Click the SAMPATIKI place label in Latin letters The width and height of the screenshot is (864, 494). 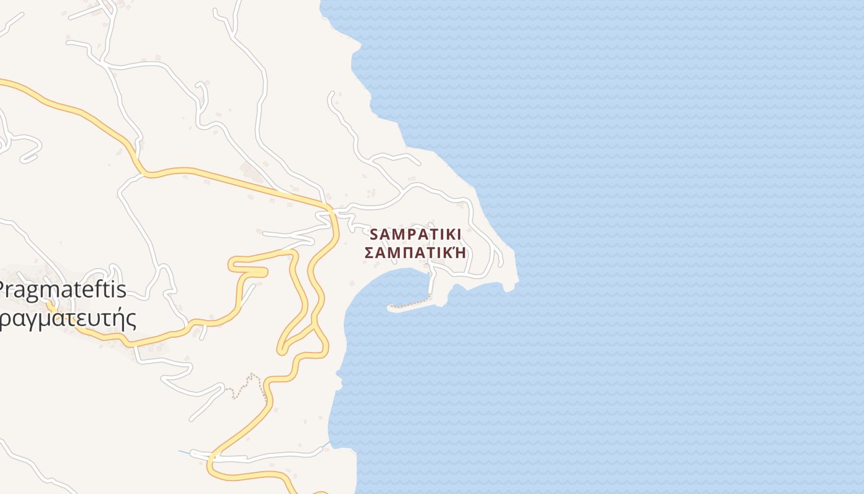[415, 235]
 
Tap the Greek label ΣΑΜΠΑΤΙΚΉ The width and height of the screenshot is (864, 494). [415, 253]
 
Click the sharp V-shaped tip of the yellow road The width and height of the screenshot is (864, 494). [281, 351]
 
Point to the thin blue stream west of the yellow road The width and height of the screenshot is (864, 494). [185, 453]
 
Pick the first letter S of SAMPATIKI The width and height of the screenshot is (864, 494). [374, 235]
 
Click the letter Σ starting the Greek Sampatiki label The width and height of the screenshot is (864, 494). [369, 253]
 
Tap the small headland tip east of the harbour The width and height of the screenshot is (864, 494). [516, 282]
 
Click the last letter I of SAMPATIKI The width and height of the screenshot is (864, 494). [458, 235]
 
